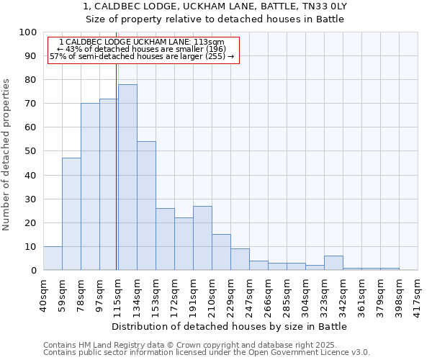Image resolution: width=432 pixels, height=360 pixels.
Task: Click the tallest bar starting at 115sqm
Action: (x=127, y=177)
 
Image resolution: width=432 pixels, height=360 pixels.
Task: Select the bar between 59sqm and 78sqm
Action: (x=71, y=214)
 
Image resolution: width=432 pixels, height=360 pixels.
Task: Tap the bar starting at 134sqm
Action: (x=146, y=206)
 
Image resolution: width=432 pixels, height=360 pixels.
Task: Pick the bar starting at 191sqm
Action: (x=202, y=238)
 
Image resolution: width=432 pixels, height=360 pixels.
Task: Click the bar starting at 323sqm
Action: (x=333, y=263)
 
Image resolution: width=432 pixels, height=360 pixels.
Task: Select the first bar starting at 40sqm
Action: (x=53, y=258)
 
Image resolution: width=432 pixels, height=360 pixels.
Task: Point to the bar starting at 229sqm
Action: (x=240, y=260)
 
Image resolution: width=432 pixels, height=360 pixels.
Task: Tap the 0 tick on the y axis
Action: (x=34, y=270)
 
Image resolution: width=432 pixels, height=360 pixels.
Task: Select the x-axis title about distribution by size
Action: (x=230, y=326)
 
